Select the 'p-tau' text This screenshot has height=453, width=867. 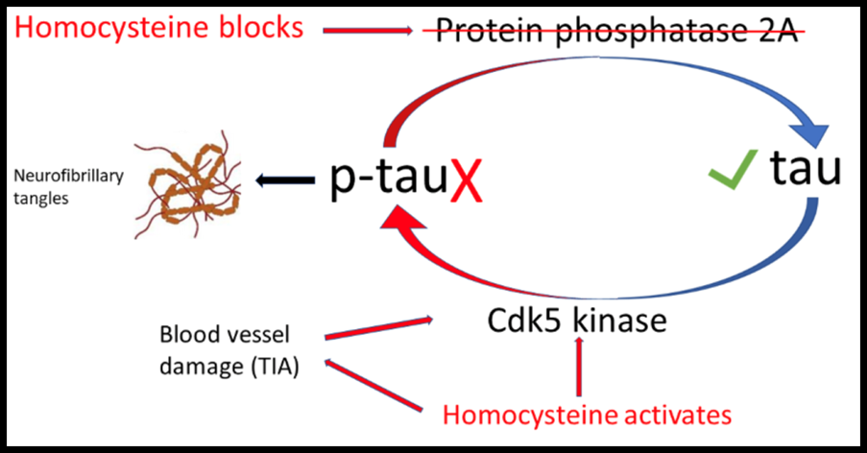388,179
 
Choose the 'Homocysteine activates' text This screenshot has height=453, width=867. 587,415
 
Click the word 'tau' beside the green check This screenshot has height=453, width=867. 805,171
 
